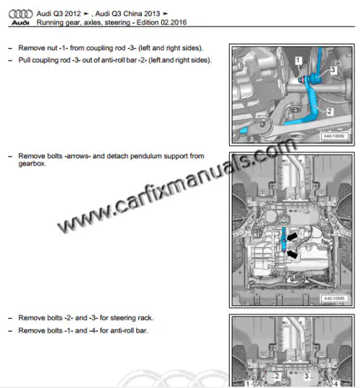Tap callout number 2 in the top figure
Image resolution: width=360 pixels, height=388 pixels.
click(329, 112)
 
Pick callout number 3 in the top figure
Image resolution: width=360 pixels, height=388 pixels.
click(333, 70)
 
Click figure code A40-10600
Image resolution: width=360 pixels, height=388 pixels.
click(333, 135)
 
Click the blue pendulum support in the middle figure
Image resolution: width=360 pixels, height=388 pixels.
click(286, 241)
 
